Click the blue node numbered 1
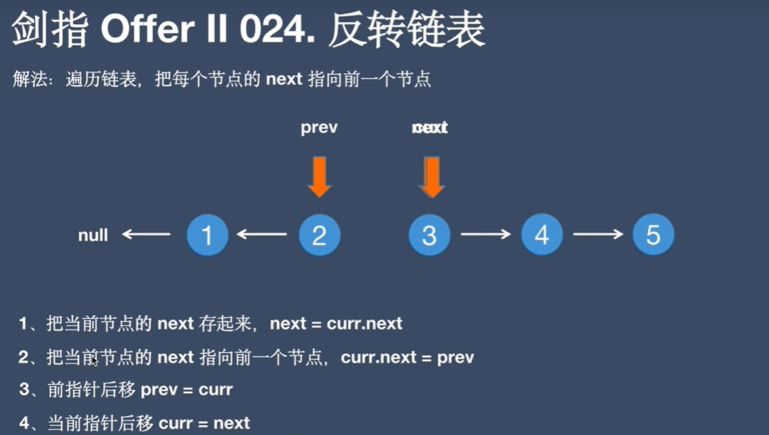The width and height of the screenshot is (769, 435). tap(207, 234)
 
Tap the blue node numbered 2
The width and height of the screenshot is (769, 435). tap(319, 234)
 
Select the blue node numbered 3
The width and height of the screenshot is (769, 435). tap(429, 234)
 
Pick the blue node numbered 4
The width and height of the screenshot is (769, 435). tap(542, 234)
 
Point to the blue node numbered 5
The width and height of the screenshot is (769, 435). tap(653, 234)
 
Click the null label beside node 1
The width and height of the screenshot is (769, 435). tap(93, 235)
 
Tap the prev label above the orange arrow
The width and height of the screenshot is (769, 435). tap(319, 127)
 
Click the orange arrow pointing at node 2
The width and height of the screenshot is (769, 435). tap(319, 175)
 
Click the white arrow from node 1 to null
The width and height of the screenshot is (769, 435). tap(146, 234)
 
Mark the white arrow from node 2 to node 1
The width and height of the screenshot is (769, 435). tap(262, 234)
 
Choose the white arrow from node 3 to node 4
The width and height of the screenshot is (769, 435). tap(485, 234)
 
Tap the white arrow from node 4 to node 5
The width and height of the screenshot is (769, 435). tap(598, 234)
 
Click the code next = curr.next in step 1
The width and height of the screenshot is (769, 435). tap(336, 323)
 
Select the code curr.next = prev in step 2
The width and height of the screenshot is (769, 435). tap(407, 357)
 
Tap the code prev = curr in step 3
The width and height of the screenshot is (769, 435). tap(187, 390)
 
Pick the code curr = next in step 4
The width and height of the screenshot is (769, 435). tap(204, 423)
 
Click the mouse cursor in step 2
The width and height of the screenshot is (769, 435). tap(95, 360)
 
